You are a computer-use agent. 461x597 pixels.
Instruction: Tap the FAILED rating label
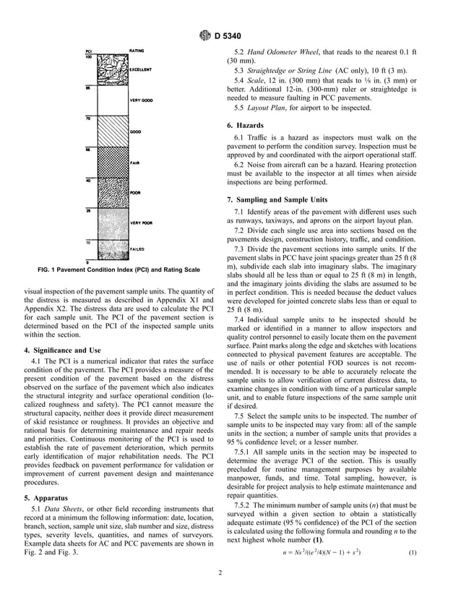click(137, 249)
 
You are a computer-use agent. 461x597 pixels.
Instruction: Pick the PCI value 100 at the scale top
click(87, 56)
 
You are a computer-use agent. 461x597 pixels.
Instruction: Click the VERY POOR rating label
click(140, 223)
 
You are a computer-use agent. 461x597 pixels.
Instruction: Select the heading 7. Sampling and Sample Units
click(277, 199)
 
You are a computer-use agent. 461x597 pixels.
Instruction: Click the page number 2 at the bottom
click(231, 575)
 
